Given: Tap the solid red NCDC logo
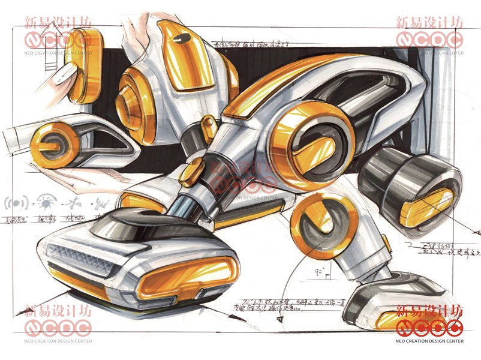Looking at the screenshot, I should coord(429,327).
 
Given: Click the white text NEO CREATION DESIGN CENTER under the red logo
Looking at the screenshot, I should coord(429,341).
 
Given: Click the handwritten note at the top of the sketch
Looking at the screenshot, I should coord(252,44).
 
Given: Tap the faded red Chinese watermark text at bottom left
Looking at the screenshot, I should coord(58,311).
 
